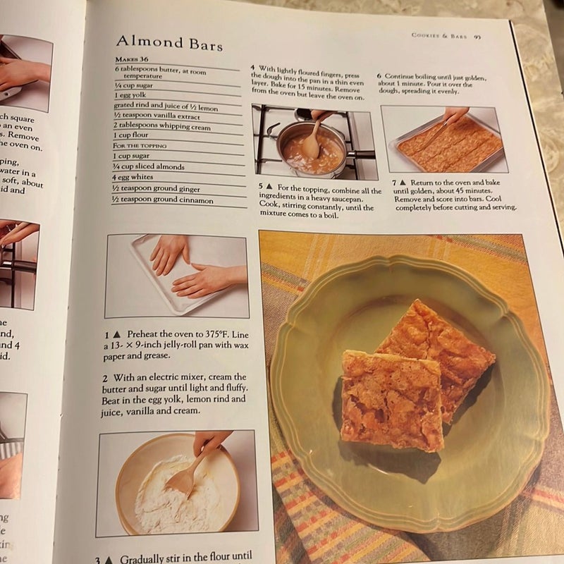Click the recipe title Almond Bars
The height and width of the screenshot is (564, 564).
click(169, 43)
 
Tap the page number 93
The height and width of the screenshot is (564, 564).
click(478, 36)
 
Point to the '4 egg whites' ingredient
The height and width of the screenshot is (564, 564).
click(134, 178)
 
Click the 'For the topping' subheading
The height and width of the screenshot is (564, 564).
click(141, 145)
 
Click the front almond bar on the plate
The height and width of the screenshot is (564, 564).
click(391, 398)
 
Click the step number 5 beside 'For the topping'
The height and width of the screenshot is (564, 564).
click(261, 190)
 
